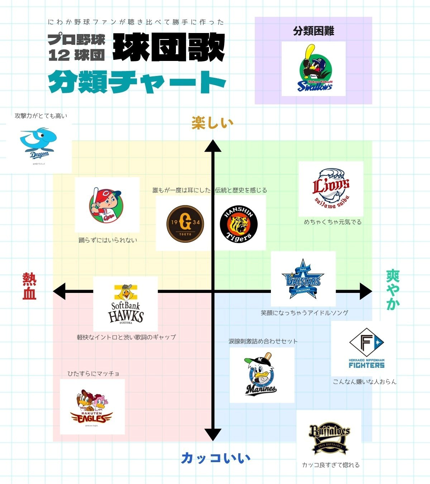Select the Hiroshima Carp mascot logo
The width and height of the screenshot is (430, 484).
coord(106,205)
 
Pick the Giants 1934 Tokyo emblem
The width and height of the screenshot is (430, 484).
coord(185,223)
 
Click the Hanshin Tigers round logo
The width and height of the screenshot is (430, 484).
coord(239,224)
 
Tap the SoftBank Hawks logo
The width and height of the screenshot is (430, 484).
coord(125,304)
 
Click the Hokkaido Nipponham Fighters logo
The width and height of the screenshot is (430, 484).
coord(366,348)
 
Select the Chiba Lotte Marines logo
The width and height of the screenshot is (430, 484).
coord(262,375)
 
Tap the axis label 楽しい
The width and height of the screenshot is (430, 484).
coord(212,123)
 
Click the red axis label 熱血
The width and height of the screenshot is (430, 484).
coord(29,286)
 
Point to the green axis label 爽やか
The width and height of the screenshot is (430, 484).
coord(393,290)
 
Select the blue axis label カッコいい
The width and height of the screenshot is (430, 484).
coord(215,458)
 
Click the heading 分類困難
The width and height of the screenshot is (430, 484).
coord(314,31)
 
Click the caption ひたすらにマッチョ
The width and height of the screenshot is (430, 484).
coord(94,374)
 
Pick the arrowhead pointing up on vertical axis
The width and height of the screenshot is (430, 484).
coord(213,146)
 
